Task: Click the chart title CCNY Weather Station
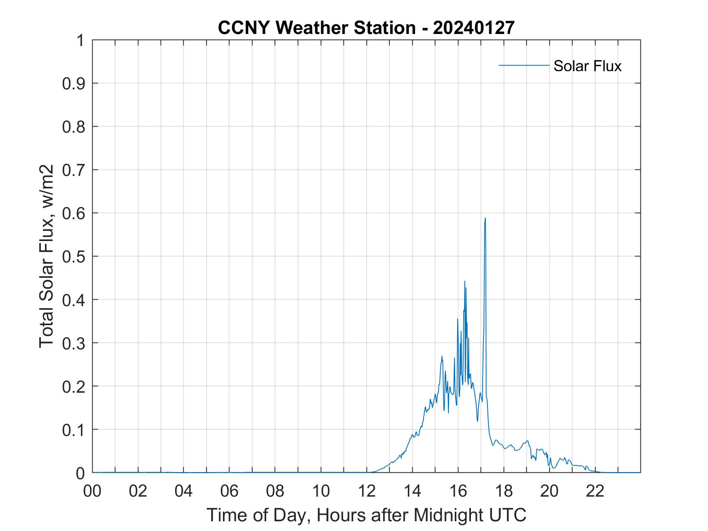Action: (x=316, y=28)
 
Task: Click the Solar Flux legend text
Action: (x=587, y=66)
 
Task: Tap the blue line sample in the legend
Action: (x=524, y=65)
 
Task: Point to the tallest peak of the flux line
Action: (x=485, y=218)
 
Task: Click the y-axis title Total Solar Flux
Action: (x=47, y=256)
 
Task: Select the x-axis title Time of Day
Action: (x=366, y=515)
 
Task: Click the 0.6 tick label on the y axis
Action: (x=74, y=213)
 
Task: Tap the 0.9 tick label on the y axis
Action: (x=74, y=83)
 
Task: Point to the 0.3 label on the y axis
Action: (x=74, y=343)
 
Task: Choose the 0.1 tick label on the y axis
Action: (x=74, y=429)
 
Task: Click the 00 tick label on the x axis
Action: (x=92, y=491)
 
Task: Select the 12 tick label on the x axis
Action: (x=367, y=491)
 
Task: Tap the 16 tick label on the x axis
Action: (x=458, y=491)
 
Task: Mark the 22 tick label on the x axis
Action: (x=595, y=491)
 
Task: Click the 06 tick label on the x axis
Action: (x=229, y=491)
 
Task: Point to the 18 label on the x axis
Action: (x=504, y=491)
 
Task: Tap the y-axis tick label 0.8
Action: (x=74, y=127)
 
